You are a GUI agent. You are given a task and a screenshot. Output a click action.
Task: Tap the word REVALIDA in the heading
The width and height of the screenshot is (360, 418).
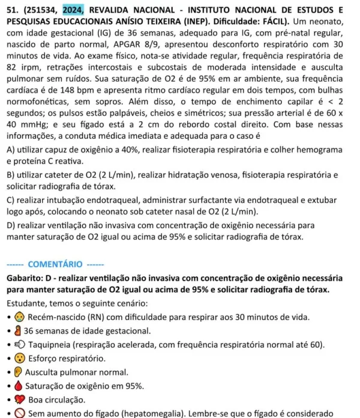(x=112, y=10)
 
